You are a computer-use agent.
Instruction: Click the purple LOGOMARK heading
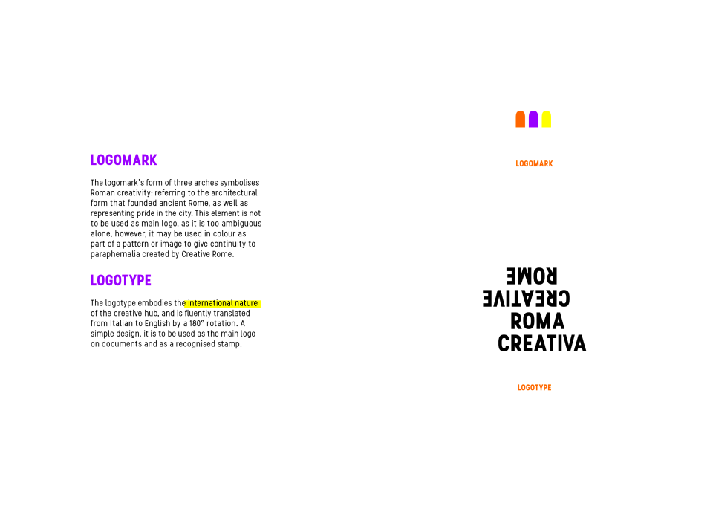(124, 160)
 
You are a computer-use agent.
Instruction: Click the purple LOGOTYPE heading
(121, 280)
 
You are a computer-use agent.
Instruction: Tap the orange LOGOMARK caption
(534, 163)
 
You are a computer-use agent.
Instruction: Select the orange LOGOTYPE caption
(534, 388)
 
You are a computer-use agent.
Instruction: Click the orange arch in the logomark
(520, 119)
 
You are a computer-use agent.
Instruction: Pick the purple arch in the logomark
(533, 119)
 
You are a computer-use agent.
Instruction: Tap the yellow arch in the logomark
(546, 119)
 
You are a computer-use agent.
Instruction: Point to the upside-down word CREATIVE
(526, 299)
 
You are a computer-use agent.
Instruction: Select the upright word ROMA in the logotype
(537, 321)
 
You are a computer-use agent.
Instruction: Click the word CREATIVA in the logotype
(542, 343)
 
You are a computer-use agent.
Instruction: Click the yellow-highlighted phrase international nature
(223, 303)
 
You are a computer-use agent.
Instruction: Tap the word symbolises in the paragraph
(240, 183)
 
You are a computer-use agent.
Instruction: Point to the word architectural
(234, 193)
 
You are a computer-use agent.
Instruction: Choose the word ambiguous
(241, 224)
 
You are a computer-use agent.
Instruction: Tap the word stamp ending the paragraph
(232, 345)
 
